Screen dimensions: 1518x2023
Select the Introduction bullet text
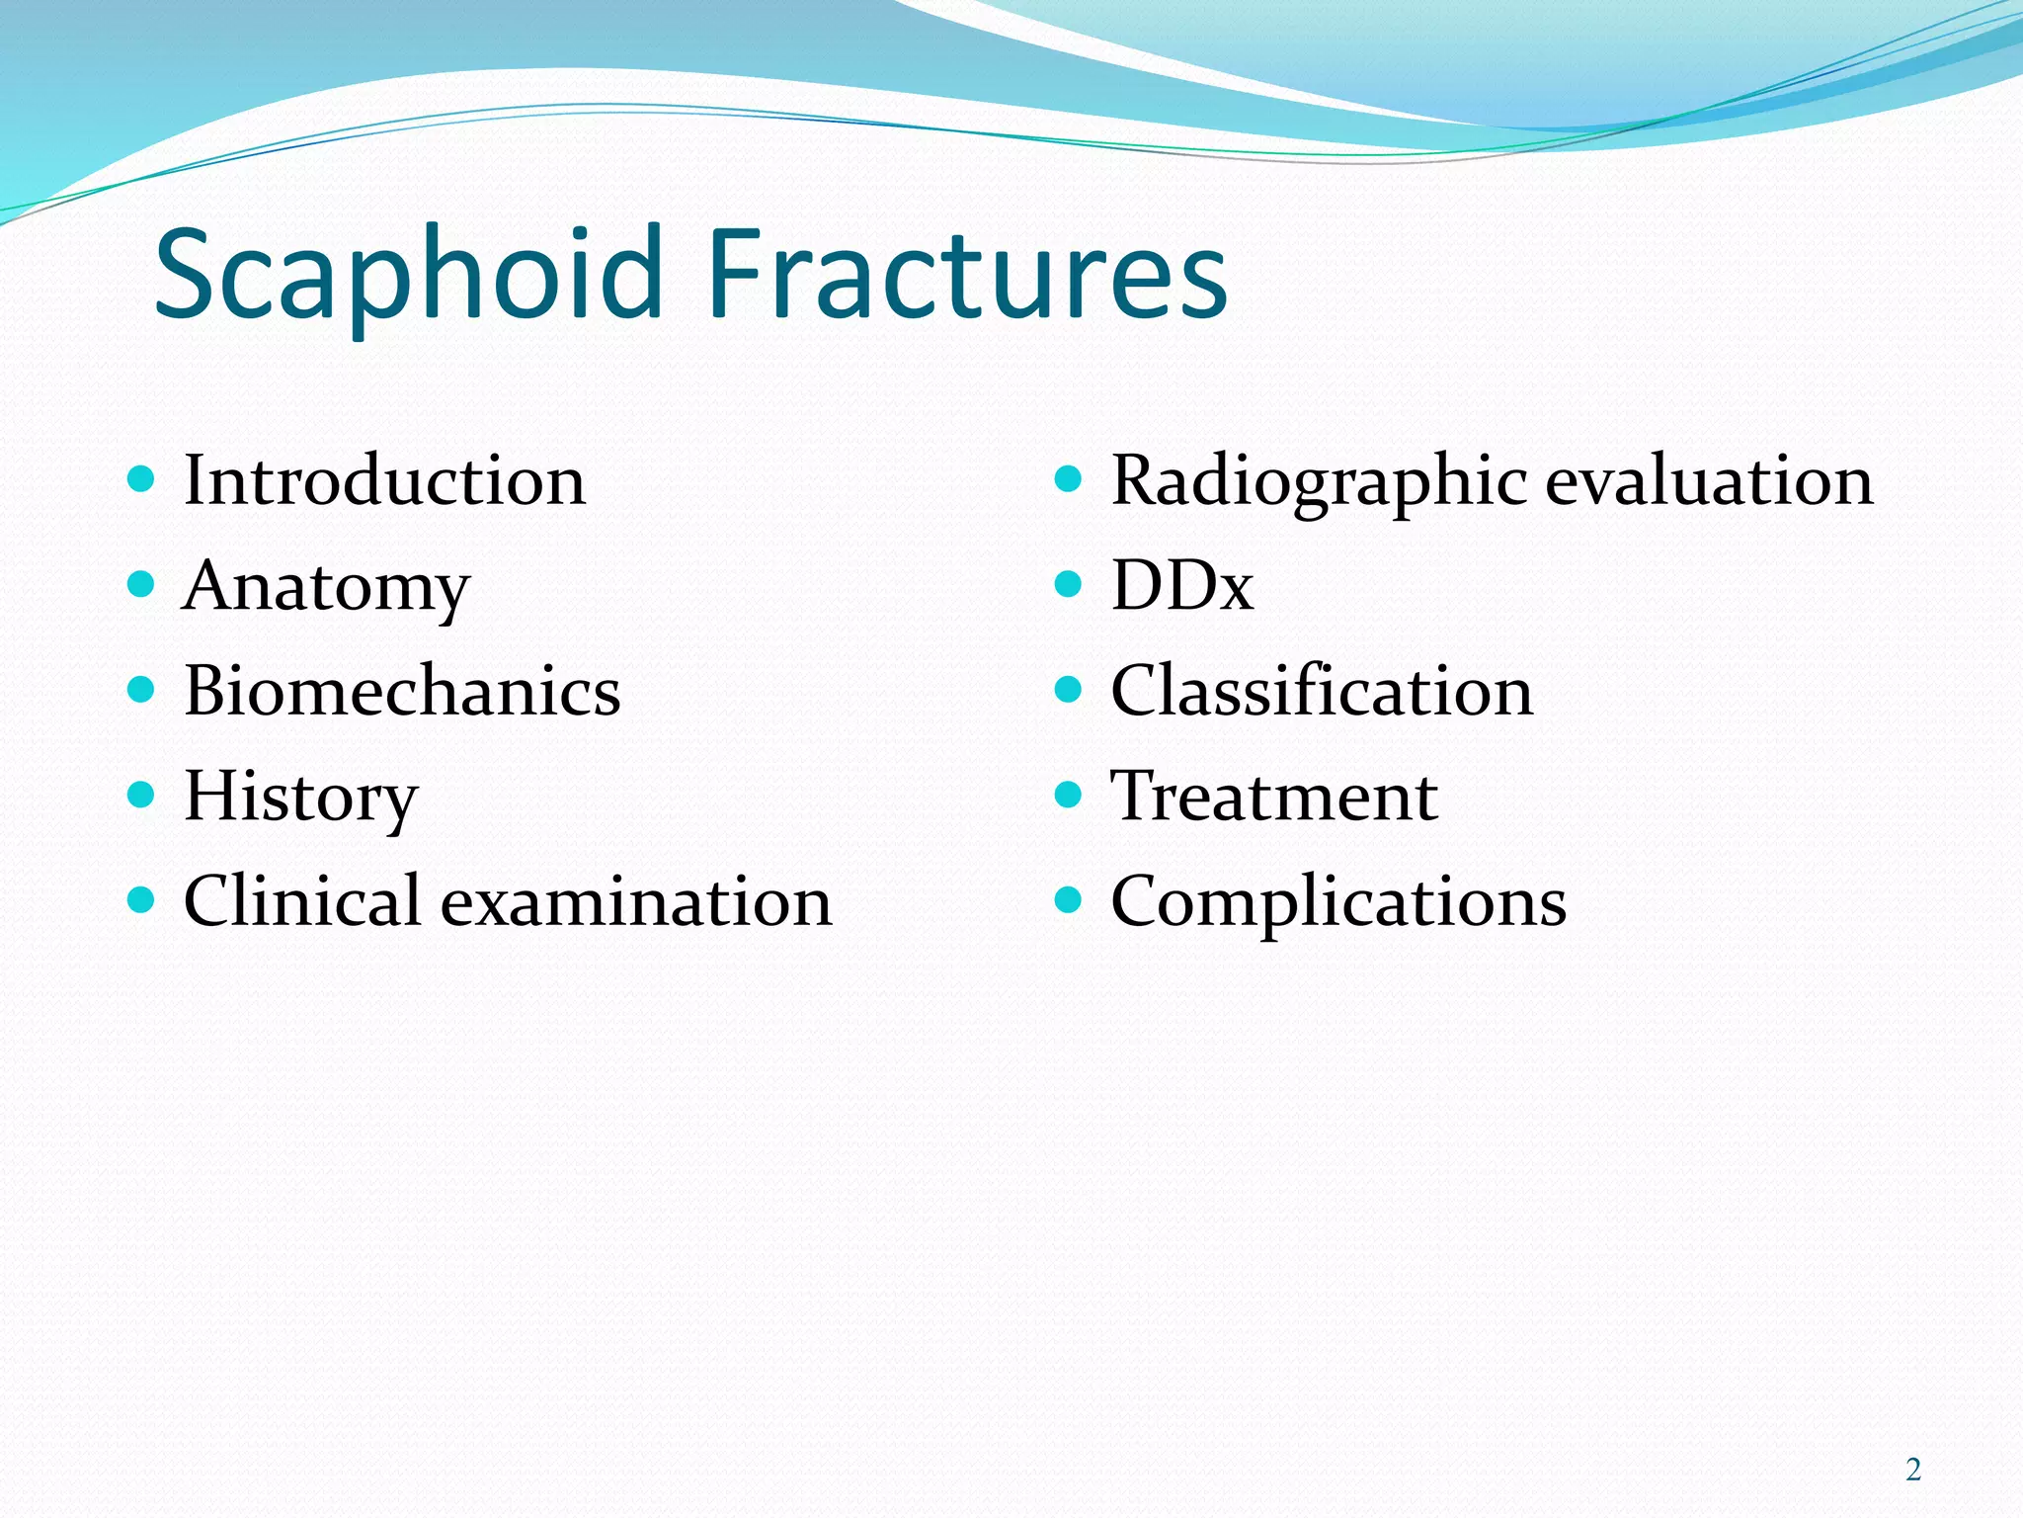pyautogui.click(x=384, y=481)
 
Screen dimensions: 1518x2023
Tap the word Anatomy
pyautogui.click(x=326, y=586)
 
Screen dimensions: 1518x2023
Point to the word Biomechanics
pyautogui.click(x=402, y=691)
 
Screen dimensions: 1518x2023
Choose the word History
pyautogui.click(x=301, y=797)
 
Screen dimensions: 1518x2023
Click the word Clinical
pyautogui.click(x=302, y=901)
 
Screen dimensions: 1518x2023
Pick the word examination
pyautogui.click(x=636, y=901)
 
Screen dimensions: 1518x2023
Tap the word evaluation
pyautogui.click(x=1709, y=481)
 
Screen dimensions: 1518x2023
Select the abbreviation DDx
pyautogui.click(x=1182, y=586)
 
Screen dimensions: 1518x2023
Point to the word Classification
pyautogui.click(x=1322, y=691)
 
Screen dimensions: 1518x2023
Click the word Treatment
pyautogui.click(x=1274, y=797)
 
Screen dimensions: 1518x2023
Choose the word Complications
pyautogui.click(x=1338, y=901)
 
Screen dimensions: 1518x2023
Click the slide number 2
pyautogui.click(x=1913, y=1470)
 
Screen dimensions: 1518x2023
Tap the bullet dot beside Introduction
pyautogui.click(x=142, y=480)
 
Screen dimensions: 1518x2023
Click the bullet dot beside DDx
pyautogui.click(x=1069, y=584)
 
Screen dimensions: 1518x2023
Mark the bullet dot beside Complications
pyautogui.click(x=1069, y=899)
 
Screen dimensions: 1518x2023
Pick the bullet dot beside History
pyautogui.click(x=142, y=795)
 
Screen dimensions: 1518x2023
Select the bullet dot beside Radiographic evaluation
pyautogui.click(x=1069, y=480)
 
